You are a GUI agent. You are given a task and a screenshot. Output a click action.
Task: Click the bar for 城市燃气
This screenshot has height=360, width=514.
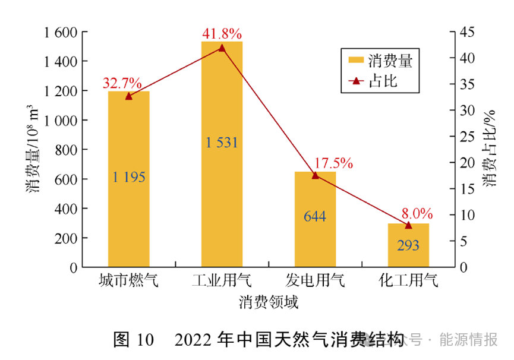128,178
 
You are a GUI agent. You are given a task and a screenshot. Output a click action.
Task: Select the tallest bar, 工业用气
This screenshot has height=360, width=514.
222,154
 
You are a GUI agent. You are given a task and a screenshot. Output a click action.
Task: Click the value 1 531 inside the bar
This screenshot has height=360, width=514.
222,143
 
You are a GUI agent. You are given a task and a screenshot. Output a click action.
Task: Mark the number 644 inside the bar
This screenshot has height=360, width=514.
315,216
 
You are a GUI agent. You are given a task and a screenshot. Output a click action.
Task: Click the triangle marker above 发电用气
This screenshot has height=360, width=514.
315,175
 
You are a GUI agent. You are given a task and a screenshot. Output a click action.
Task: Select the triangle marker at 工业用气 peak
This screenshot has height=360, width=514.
222,48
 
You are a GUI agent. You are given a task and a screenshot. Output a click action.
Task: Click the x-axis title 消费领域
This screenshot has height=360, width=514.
269,302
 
